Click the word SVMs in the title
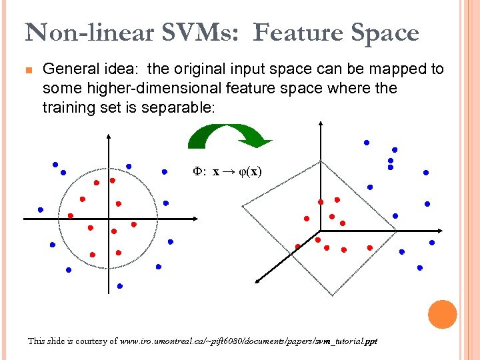click(x=203, y=32)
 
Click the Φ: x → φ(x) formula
click(x=227, y=172)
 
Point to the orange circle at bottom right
click(x=442, y=314)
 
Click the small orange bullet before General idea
click(x=29, y=69)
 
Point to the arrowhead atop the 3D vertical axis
click(x=321, y=123)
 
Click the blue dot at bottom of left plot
click(x=120, y=285)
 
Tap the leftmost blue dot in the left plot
click(x=41, y=209)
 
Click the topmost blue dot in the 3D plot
click(x=366, y=142)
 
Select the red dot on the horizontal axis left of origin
click(x=71, y=215)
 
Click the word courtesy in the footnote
click(x=89, y=341)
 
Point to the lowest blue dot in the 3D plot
click(x=420, y=268)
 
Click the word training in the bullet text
click(x=67, y=107)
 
